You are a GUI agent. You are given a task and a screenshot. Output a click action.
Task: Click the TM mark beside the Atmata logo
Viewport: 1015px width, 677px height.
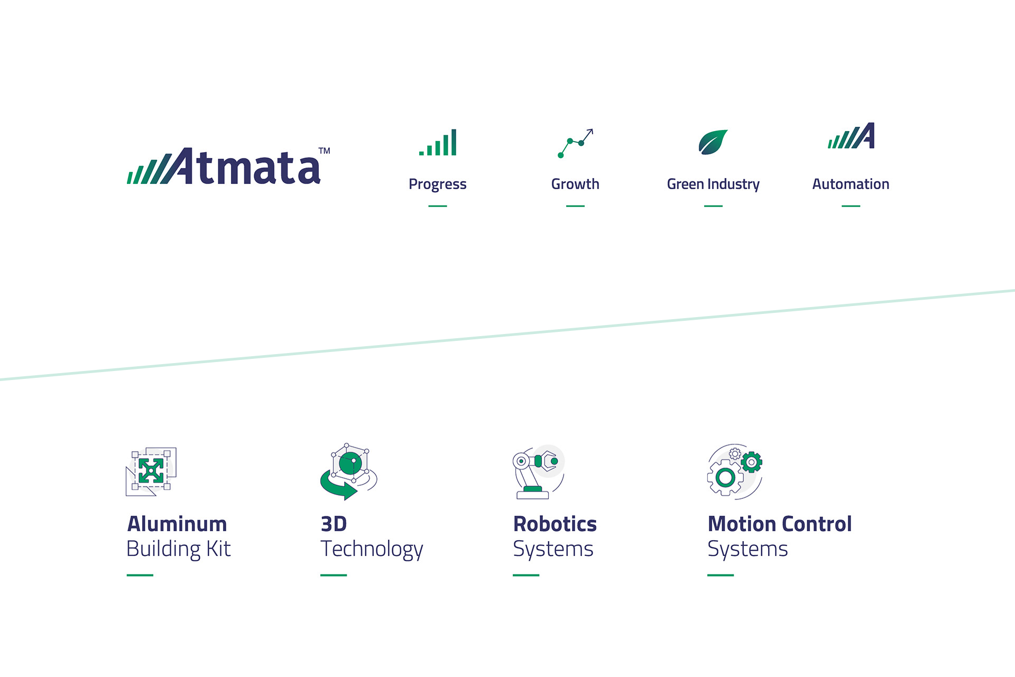[x=324, y=151]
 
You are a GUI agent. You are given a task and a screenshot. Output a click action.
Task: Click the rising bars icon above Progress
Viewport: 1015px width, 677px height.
[x=438, y=142]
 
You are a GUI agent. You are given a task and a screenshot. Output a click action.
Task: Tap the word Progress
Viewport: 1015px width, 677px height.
[x=438, y=184]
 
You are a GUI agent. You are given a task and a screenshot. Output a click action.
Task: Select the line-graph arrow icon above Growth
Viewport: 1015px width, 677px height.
[x=575, y=143]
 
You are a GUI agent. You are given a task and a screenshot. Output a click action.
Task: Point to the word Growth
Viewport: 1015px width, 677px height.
[x=575, y=184]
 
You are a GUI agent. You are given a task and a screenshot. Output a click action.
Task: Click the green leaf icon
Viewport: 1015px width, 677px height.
[x=713, y=142]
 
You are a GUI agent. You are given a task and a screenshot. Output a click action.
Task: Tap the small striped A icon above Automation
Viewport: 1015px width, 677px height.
[x=851, y=136]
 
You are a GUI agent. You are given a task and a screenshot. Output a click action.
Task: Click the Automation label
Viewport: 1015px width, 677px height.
[x=851, y=184]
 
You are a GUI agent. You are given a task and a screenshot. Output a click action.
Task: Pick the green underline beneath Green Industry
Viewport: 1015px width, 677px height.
[x=713, y=206]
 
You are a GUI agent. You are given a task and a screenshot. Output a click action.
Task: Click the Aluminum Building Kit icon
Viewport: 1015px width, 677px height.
[x=151, y=471]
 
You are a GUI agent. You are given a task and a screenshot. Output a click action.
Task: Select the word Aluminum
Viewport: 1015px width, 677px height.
[x=177, y=524]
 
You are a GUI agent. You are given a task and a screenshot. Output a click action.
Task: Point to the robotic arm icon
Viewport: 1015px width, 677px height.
[x=539, y=472]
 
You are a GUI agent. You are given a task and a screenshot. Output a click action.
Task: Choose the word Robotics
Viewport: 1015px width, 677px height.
[x=555, y=524]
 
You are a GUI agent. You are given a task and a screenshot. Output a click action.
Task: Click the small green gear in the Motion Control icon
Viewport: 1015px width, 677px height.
[x=751, y=462]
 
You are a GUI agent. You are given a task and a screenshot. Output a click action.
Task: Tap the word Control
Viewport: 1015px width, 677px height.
[x=817, y=524]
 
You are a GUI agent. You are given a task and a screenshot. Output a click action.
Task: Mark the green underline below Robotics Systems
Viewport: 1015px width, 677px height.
[x=526, y=575]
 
